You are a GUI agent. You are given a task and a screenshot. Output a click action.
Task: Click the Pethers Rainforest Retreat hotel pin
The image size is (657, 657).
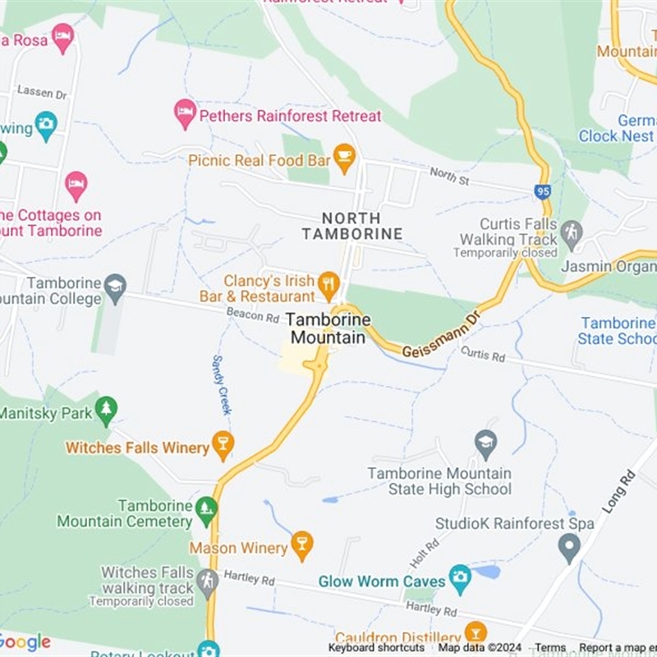pyautogui.click(x=186, y=114)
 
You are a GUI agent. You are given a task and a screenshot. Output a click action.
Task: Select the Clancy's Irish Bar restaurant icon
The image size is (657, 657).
pyautogui.click(x=328, y=283)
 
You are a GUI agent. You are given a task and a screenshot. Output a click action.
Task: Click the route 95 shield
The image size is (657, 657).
pyautogui.click(x=542, y=191)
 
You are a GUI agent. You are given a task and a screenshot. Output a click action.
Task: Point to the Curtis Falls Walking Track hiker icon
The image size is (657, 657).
pyautogui.click(x=572, y=232)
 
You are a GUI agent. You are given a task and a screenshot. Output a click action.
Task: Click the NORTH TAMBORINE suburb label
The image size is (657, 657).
pyautogui.click(x=351, y=226)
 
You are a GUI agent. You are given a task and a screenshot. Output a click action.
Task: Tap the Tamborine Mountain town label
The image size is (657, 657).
pyautogui.click(x=328, y=328)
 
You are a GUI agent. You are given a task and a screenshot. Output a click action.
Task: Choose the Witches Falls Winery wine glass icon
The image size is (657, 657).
pyautogui.click(x=223, y=445)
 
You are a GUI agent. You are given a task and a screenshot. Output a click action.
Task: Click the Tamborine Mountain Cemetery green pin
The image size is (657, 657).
pyautogui.click(x=206, y=511)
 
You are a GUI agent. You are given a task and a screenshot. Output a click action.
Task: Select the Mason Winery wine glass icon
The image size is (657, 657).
pyautogui.click(x=302, y=545)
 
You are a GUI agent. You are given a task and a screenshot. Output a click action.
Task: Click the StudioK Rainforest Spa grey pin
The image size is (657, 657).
pyautogui.click(x=568, y=546)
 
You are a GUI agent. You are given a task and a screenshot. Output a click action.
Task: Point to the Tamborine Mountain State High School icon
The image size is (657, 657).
pyautogui.click(x=486, y=444)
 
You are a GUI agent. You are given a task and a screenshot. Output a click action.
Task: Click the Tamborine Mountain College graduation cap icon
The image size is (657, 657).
pyautogui.click(x=116, y=287)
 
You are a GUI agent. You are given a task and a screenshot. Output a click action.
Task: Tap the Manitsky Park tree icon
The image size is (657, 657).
pyautogui.click(x=106, y=410)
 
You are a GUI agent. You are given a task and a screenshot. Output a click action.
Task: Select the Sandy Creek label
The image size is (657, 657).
pyautogui.click(x=222, y=385)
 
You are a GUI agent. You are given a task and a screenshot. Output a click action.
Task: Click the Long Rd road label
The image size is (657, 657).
pyautogui.click(x=618, y=491)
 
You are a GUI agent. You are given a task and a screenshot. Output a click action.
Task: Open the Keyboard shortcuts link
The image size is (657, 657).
pyautogui.click(x=377, y=648)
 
